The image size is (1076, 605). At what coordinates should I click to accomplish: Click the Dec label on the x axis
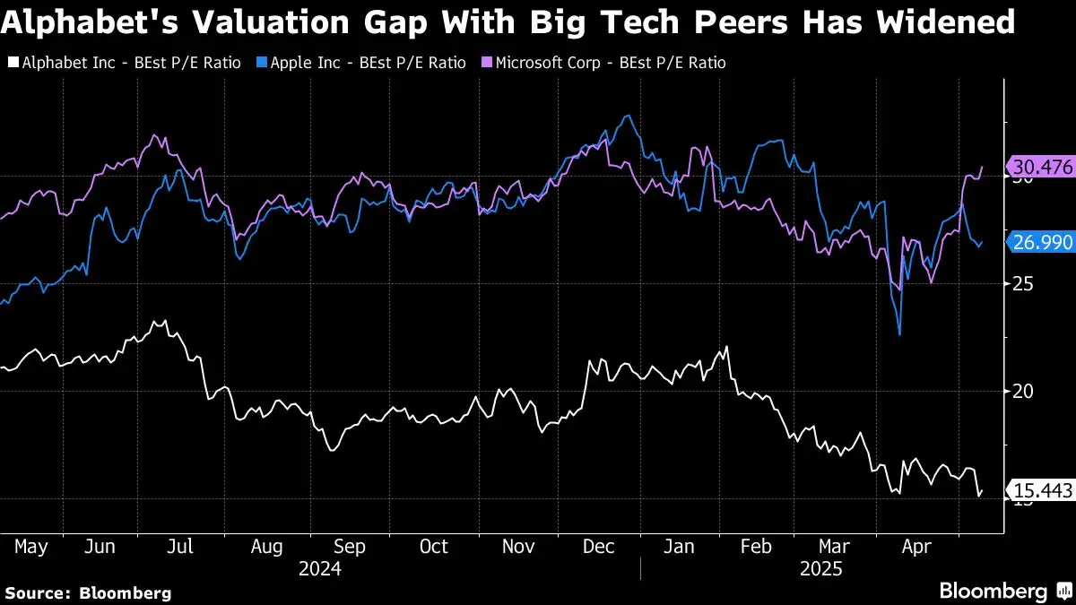click(598, 546)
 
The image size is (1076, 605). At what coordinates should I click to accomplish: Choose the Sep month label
click(349, 546)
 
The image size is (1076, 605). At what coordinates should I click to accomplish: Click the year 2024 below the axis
click(320, 568)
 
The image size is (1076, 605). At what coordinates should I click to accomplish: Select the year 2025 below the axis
click(820, 568)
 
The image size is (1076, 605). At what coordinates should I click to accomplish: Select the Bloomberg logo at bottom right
click(1004, 591)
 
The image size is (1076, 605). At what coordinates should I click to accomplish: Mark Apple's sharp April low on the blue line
click(899, 334)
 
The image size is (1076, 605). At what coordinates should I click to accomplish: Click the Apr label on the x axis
click(915, 546)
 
